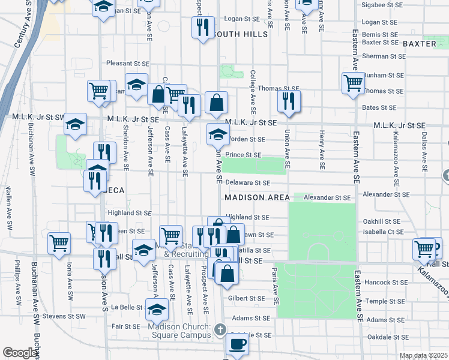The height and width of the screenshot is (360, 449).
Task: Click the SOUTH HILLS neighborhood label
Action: [x=240, y=34]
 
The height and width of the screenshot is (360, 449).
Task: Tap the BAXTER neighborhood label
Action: [x=419, y=44]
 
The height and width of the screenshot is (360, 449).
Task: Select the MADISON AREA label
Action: [x=258, y=197]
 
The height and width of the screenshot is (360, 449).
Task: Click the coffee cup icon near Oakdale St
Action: [x=237, y=344]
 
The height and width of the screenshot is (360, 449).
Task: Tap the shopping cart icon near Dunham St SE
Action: [x=353, y=82]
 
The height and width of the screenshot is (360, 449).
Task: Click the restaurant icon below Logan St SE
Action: [x=202, y=27]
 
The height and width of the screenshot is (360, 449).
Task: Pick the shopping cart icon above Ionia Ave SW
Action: [x=59, y=244]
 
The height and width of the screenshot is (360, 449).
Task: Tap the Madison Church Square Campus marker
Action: [x=220, y=329]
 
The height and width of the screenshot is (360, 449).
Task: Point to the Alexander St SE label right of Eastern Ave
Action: [x=386, y=194]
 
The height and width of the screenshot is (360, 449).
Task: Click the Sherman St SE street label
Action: [x=384, y=56]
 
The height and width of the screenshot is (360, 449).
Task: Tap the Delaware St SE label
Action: [x=248, y=182]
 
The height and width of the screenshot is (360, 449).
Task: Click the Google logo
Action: [x=20, y=353]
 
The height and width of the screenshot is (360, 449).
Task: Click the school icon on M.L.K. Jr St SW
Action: [x=76, y=124]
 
